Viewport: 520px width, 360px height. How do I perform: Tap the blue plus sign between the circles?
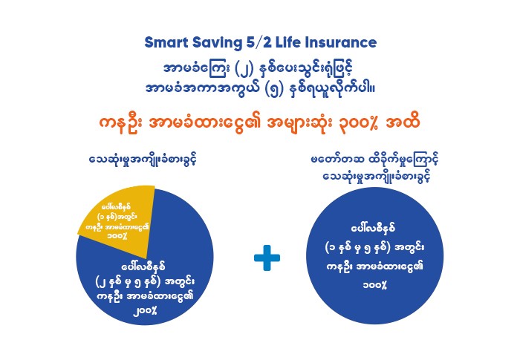(267, 261)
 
